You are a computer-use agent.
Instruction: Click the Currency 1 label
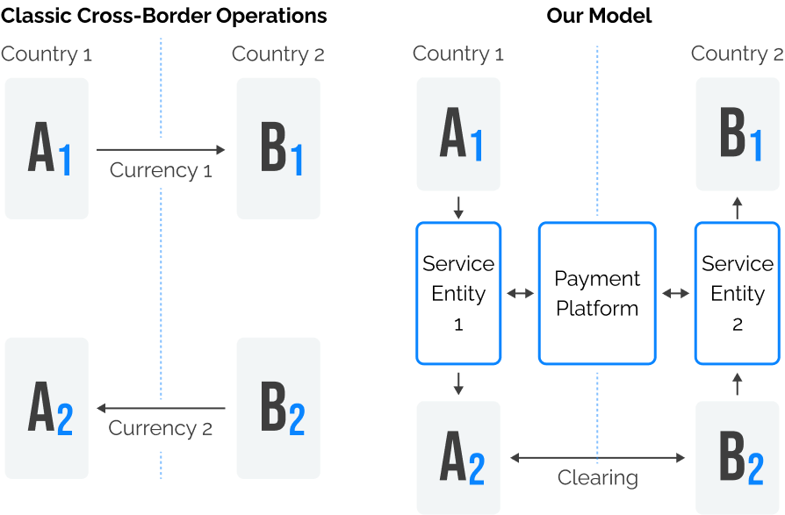[161, 170]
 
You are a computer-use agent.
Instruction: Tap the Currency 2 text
[161, 428]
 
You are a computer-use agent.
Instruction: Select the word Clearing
[598, 478]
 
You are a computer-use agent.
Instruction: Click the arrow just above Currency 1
[161, 150]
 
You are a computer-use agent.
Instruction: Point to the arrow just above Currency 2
[161, 408]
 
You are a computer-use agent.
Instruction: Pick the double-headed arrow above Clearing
[597, 457]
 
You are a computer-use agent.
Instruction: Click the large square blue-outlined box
[597, 293]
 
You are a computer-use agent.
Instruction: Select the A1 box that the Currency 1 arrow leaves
[47, 148]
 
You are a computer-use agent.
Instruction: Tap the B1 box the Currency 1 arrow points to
[278, 148]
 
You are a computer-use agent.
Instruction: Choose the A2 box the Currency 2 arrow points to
[47, 408]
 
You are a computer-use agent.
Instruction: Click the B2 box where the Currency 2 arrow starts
[278, 408]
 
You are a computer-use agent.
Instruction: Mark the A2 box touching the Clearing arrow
[458, 457]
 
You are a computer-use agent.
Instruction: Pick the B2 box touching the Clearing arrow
[738, 457]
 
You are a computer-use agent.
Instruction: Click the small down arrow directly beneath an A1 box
[458, 208]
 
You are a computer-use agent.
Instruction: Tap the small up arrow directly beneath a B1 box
[738, 207]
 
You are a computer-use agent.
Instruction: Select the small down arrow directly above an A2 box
[458, 383]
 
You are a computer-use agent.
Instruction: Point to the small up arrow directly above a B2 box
[738, 383]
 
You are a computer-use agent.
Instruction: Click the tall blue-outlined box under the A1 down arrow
[458, 293]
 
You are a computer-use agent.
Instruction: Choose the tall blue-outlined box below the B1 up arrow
[738, 293]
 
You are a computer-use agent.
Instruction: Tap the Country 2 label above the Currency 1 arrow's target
[277, 54]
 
